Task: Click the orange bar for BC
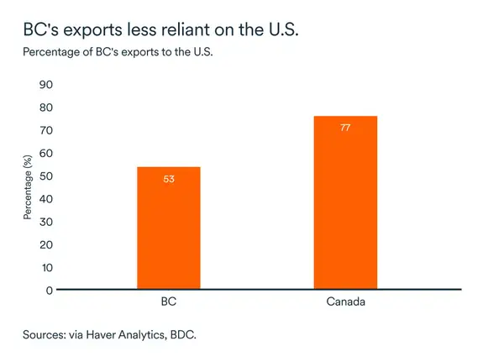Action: (x=168, y=228)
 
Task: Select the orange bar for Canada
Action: (x=345, y=202)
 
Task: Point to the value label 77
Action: (x=345, y=128)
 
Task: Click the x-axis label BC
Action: (x=168, y=301)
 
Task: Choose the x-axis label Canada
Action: (x=345, y=301)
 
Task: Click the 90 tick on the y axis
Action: (x=46, y=85)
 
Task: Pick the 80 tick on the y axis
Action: (x=46, y=108)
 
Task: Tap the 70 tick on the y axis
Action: (x=46, y=130)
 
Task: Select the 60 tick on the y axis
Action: (x=46, y=153)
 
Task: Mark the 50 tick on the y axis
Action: (x=46, y=176)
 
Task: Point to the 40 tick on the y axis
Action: (x=46, y=198)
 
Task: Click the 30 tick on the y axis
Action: (x=46, y=222)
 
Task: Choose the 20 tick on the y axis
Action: (x=46, y=244)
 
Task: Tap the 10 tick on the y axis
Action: (x=46, y=267)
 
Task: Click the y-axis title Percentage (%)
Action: (x=27, y=187)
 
